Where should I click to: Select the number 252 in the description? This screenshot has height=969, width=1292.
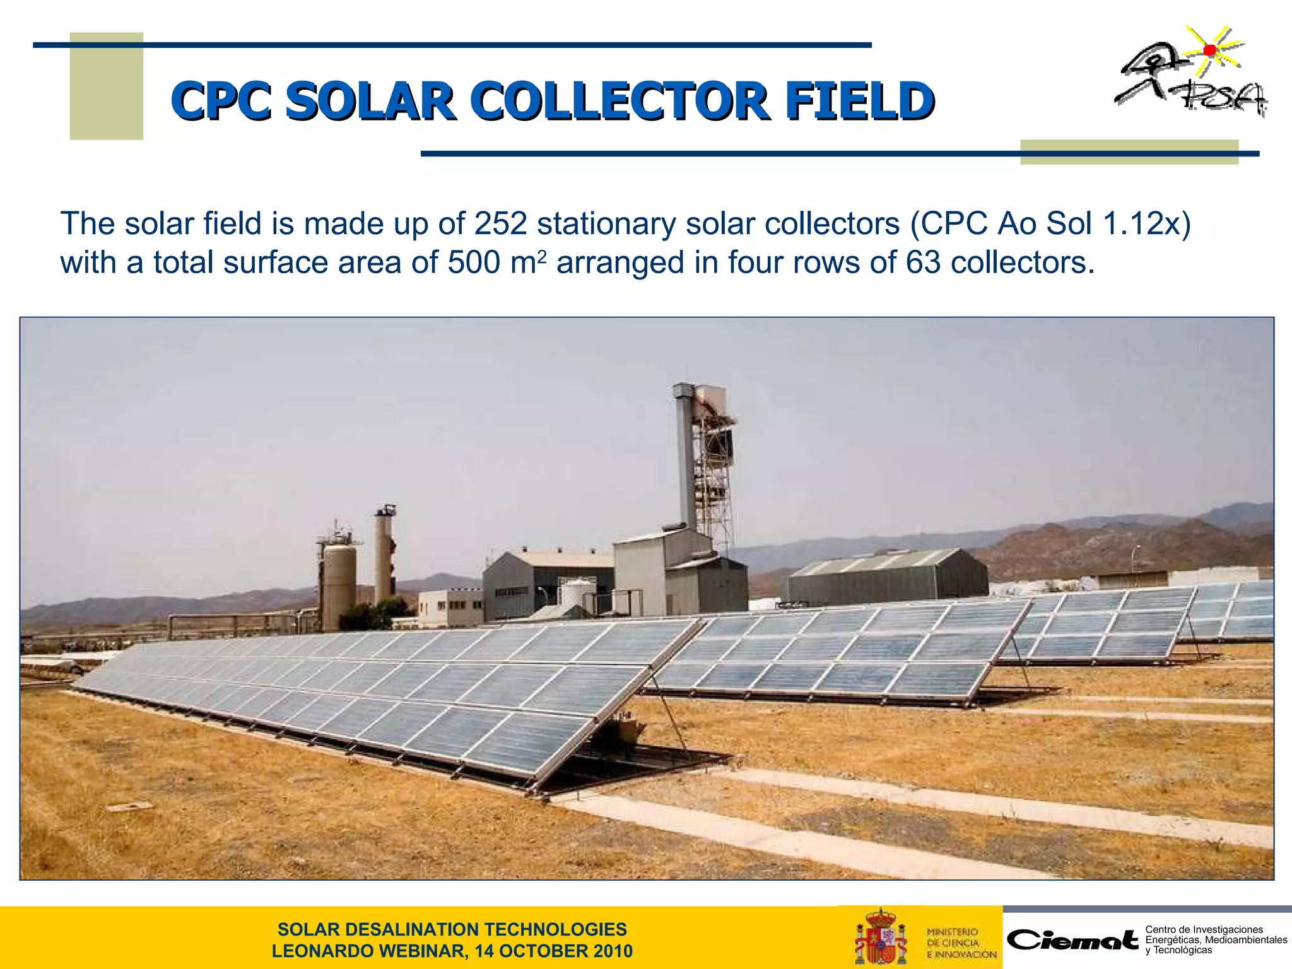[x=500, y=223]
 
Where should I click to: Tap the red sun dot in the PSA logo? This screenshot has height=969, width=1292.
[x=1209, y=50]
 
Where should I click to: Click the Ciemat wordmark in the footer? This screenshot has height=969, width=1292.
[x=1073, y=940]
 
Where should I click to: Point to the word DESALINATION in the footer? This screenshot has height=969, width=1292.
[x=445, y=929]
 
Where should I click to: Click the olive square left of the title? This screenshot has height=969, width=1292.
[x=106, y=86]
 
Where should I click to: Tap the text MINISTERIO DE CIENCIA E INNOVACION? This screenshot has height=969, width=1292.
[x=961, y=943]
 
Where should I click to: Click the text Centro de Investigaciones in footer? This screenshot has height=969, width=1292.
[x=1204, y=929]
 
